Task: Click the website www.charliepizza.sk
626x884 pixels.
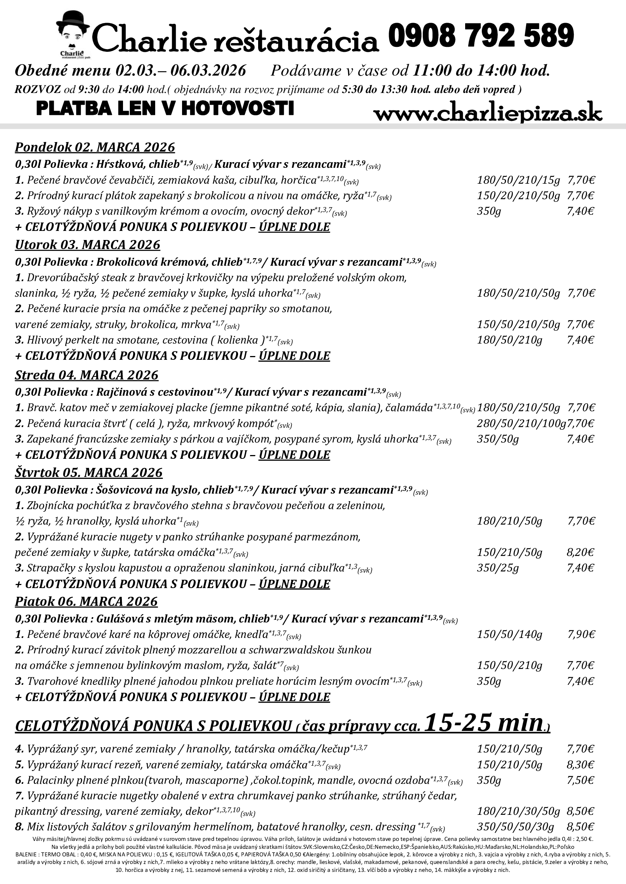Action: [487, 114]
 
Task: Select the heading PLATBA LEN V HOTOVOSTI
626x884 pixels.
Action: [165, 108]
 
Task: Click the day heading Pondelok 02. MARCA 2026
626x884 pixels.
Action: [95, 147]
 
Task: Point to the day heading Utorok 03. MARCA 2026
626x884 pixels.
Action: [87, 245]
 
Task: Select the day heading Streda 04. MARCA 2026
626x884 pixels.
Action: [87, 375]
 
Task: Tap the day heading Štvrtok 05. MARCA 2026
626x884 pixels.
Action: [89, 472]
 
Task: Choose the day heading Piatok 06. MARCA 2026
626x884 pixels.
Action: [86, 601]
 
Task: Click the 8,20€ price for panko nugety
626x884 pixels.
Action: [580, 553]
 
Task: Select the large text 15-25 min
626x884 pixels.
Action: [484, 723]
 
